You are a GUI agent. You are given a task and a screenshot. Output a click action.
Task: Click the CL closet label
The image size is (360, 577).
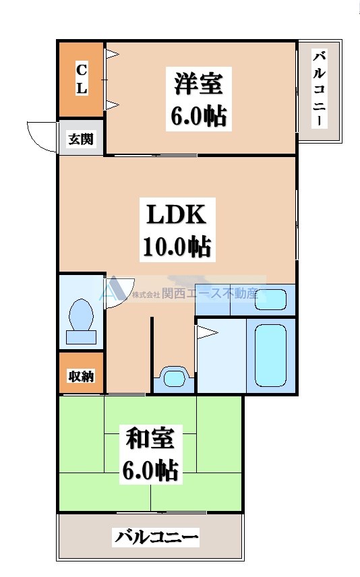81,78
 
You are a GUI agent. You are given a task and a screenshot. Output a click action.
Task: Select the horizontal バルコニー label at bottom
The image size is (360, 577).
156,537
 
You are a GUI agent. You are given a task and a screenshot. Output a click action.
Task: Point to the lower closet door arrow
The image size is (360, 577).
112,104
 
